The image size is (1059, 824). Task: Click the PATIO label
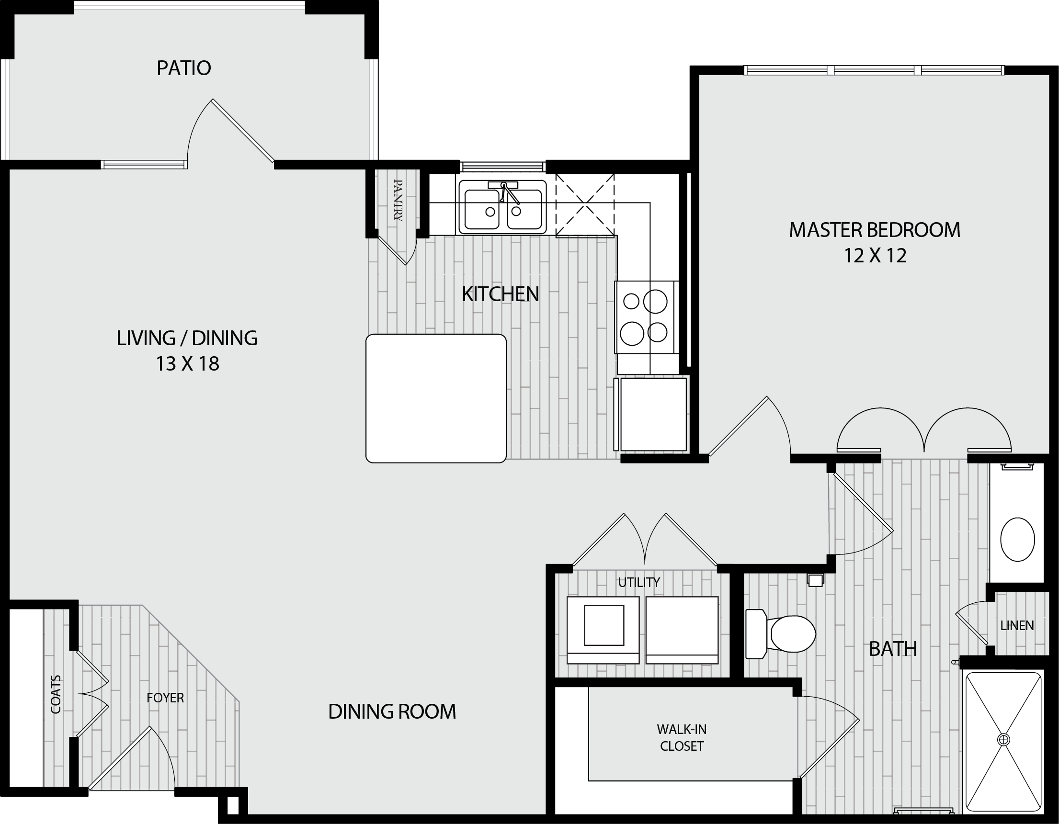pyautogui.click(x=184, y=68)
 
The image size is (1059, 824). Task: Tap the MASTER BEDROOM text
pyautogui.click(x=875, y=230)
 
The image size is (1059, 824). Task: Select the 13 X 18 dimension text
pyautogui.click(x=187, y=363)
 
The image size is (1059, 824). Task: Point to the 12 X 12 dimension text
pyautogui.click(x=875, y=256)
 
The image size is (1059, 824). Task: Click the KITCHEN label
pyautogui.click(x=501, y=294)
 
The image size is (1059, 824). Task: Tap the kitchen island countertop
pyautogui.click(x=436, y=398)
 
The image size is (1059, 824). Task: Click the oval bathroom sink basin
pyautogui.click(x=1017, y=540)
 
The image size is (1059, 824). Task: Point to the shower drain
pyautogui.click(x=1003, y=740)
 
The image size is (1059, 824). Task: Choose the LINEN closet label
pyautogui.click(x=1017, y=626)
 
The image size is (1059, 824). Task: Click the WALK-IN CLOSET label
pyautogui.click(x=681, y=737)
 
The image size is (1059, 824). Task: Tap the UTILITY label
pyautogui.click(x=638, y=582)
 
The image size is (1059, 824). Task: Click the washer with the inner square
pyautogui.click(x=603, y=630)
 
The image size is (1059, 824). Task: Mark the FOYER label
pyautogui.click(x=165, y=698)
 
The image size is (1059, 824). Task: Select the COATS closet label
pyautogui.click(x=56, y=694)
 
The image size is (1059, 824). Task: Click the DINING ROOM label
pyautogui.click(x=392, y=711)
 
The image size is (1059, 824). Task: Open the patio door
pyautogui.click(x=231, y=131)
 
